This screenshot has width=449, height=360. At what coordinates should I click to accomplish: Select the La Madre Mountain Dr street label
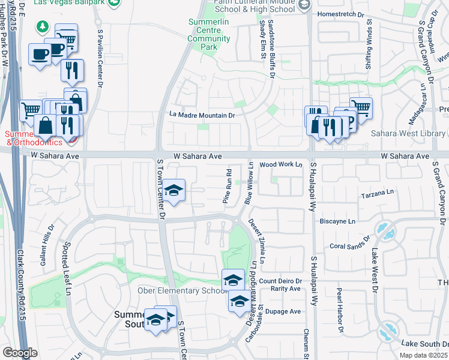coord(202,115)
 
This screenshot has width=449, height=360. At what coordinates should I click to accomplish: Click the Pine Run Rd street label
coord(228,187)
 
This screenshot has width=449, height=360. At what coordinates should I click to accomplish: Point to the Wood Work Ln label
coord(281,164)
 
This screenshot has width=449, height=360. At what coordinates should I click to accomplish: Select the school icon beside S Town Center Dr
coord(173,191)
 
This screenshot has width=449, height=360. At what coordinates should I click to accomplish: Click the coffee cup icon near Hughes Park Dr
coord(40,55)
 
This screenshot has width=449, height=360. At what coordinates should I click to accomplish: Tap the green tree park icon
coord(43,26)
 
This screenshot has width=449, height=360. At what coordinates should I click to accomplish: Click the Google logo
coord(20,353)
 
